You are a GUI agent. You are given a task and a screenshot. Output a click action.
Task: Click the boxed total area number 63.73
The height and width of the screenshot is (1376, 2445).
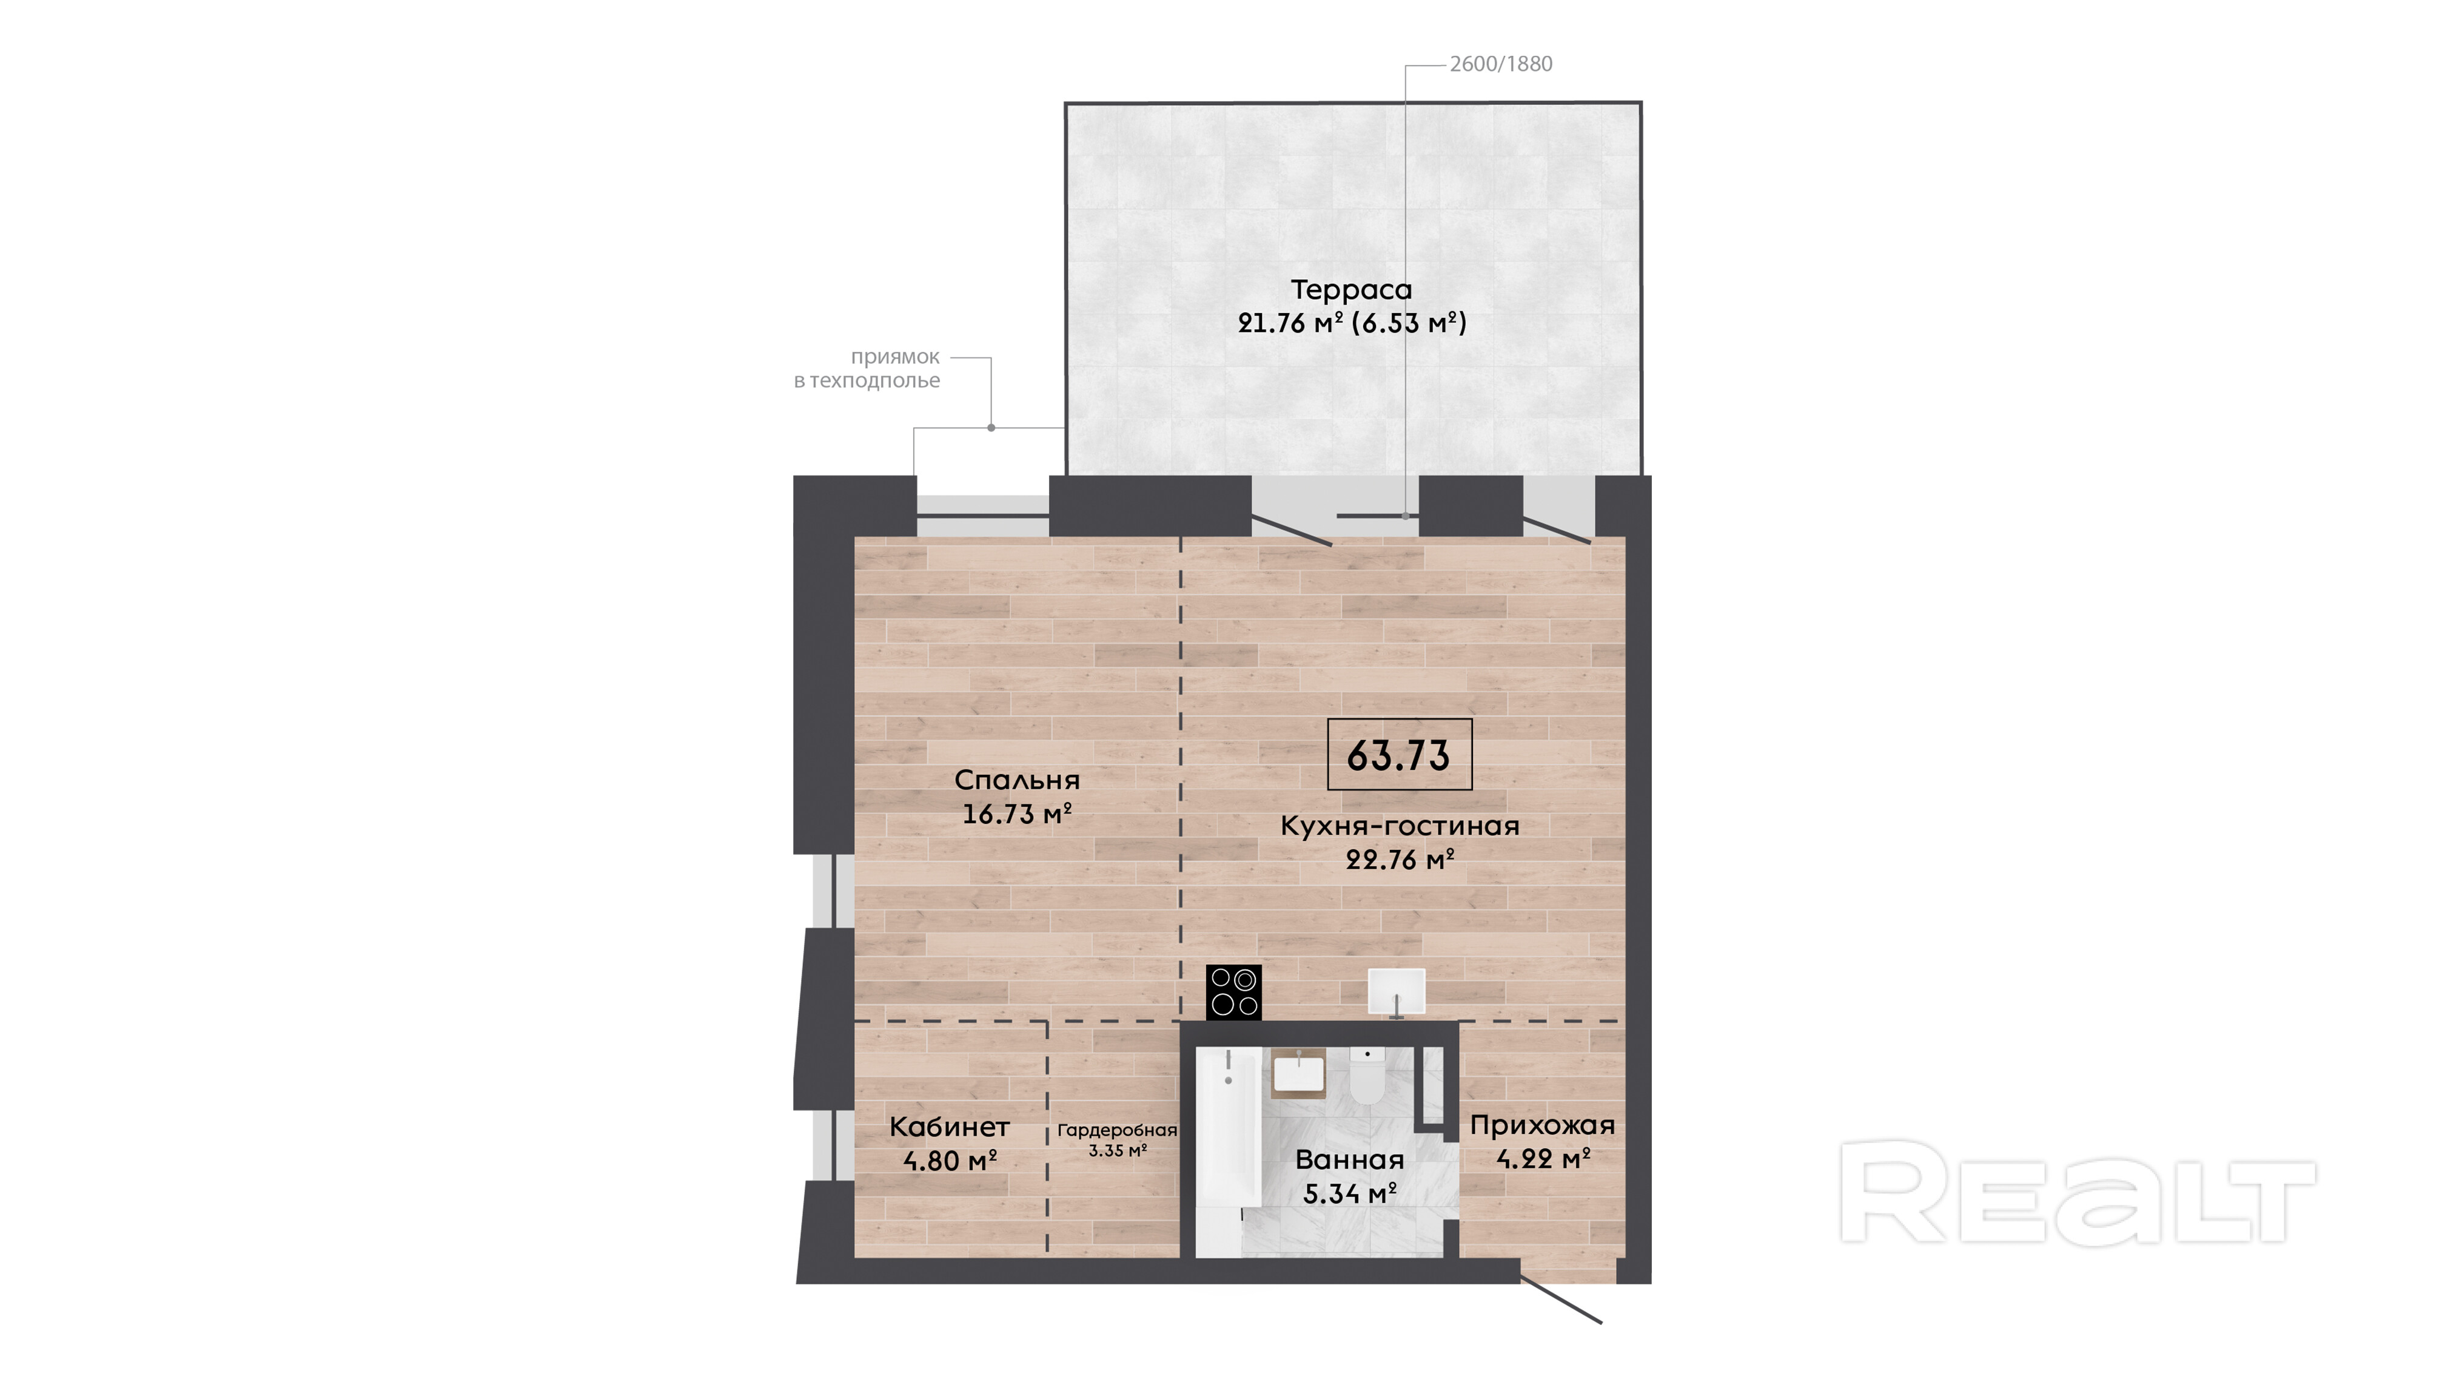tap(1399, 755)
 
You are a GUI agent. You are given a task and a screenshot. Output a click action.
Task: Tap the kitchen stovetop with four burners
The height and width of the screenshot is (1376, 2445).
tap(1234, 993)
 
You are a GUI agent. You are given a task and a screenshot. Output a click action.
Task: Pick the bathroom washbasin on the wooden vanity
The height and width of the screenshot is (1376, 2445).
tap(1298, 1073)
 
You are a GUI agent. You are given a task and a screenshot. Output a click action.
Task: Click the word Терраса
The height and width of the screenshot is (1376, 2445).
tap(1352, 289)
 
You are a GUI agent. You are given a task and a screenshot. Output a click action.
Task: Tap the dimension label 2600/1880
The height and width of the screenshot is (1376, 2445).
tap(1501, 64)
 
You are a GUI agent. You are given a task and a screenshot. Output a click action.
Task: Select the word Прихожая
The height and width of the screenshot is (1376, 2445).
tap(1542, 1125)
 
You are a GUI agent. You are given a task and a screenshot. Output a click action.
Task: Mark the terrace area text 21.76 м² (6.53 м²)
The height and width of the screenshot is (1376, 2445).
tap(1352, 323)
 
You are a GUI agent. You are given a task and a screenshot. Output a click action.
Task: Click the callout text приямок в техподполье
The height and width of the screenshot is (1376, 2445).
tap(868, 368)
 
